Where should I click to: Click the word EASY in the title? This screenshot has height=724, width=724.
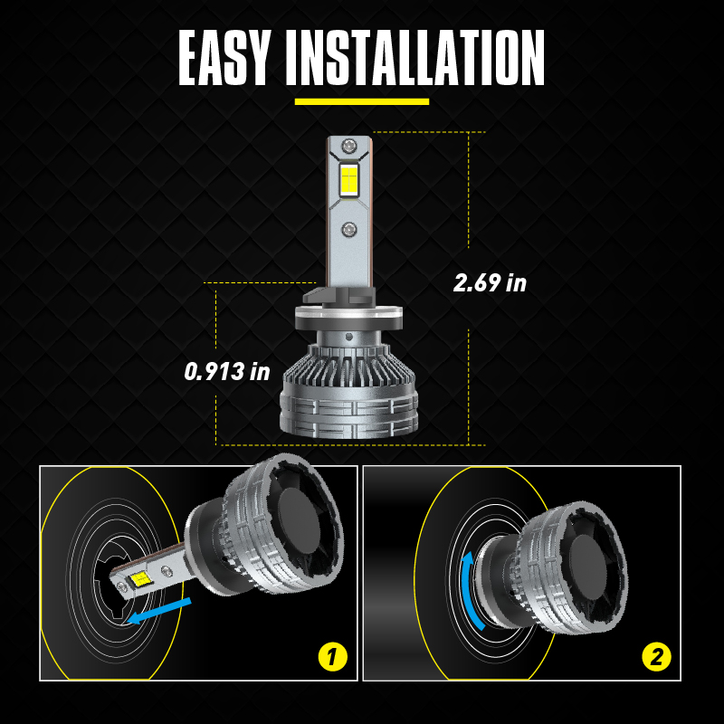coord(224,58)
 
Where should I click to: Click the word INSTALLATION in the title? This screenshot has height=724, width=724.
coord(415,58)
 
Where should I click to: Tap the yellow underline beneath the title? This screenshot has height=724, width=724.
coord(362,102)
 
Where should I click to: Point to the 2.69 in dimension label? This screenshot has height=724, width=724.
coord(490,282)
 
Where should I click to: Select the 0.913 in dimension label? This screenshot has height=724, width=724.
coord(227,371)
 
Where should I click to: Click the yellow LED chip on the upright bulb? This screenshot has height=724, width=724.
coord(349,178)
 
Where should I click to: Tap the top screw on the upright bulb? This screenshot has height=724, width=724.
coord(349,147)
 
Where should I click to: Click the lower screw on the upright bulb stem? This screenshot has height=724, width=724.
coord(348,229)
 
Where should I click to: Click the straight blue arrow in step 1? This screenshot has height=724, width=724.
coord(159,610)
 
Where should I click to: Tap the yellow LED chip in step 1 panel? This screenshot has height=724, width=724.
coord(140,578)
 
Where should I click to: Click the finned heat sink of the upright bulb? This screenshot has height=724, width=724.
coord(349,368)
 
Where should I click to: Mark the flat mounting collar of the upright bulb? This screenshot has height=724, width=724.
coord(348,318)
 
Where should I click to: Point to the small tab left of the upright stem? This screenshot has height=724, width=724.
coord(315,296)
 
